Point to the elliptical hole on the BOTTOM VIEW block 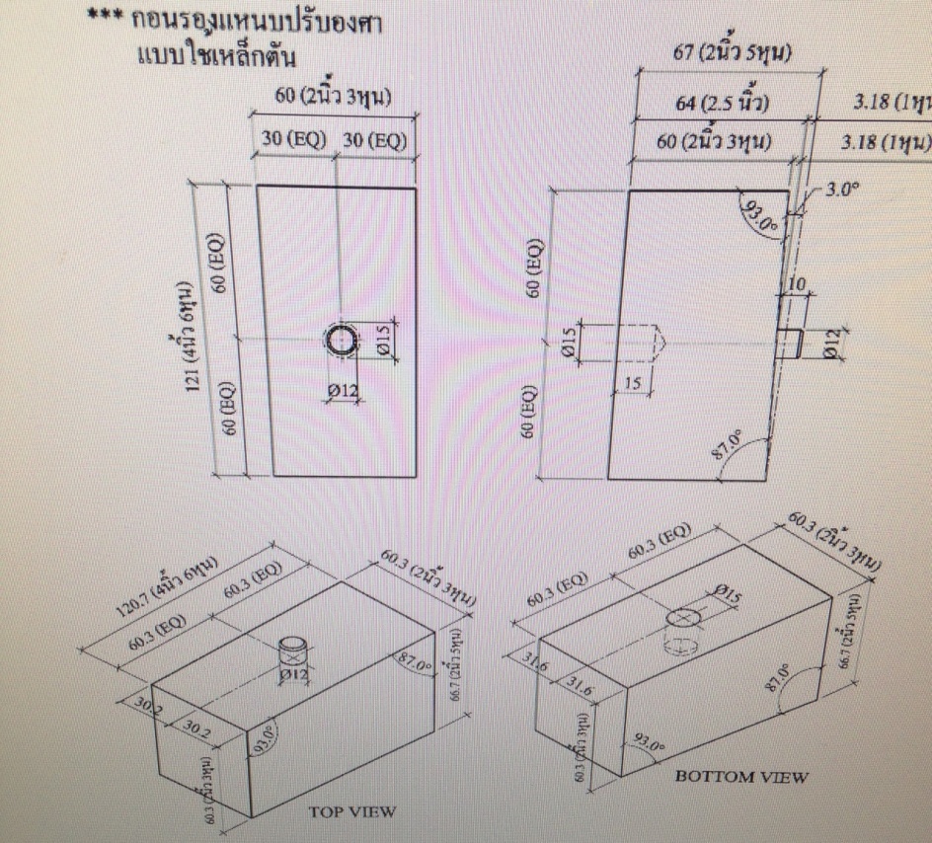click(680, 617)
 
